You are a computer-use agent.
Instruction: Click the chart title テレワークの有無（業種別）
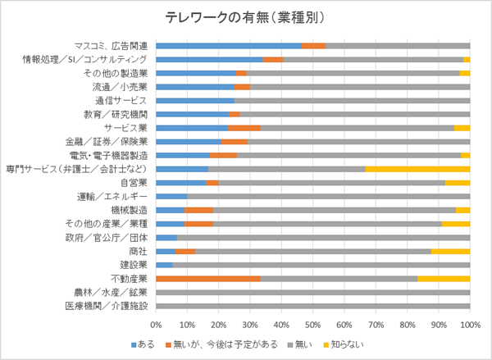click(246, 18)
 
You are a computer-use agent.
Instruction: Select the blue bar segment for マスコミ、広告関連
click(228, 46)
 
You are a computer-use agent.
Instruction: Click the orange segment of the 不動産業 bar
click(207, 279)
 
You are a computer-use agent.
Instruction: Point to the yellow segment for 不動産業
click(444, 279)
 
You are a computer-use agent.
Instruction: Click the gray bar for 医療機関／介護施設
click(312, 306)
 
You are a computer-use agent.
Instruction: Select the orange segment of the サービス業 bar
click(244, 128)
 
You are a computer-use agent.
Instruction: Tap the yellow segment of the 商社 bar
click(450, 252)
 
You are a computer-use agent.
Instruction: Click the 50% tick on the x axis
click(312, 325)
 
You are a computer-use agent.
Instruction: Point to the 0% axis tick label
click(156, 325)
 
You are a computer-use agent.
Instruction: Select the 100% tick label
click(469, 325)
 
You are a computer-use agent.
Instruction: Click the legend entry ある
click(143, 344)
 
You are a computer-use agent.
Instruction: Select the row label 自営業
click(134, 183)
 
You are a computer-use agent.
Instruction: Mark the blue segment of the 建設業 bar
click(164, 265)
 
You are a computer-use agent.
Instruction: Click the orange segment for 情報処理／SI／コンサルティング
click(273, 60)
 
